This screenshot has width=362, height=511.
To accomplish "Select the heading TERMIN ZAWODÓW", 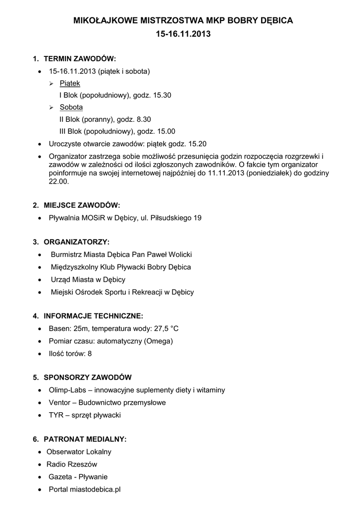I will tap(80, 58).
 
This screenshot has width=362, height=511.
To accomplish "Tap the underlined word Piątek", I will tap(70, 83).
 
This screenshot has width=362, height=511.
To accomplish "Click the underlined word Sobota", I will tap(71, 107).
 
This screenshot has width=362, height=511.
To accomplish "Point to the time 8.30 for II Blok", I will tap(142, 120).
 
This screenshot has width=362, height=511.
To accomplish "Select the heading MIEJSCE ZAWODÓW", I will tap(82, 205).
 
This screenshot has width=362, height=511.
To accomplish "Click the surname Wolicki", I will tap(180, 255).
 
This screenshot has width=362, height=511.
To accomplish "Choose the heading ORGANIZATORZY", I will tap(76, 242).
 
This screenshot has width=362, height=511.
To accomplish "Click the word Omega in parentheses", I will tap(159, 341).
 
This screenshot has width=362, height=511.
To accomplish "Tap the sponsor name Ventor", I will tap(59, 402).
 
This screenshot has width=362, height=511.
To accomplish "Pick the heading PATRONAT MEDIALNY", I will tap(85, 439).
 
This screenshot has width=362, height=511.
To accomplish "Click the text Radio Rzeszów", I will tap(72, 464).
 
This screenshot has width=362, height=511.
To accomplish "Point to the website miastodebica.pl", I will tap(95, 490).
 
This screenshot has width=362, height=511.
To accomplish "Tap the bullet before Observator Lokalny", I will tap(40, 452).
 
